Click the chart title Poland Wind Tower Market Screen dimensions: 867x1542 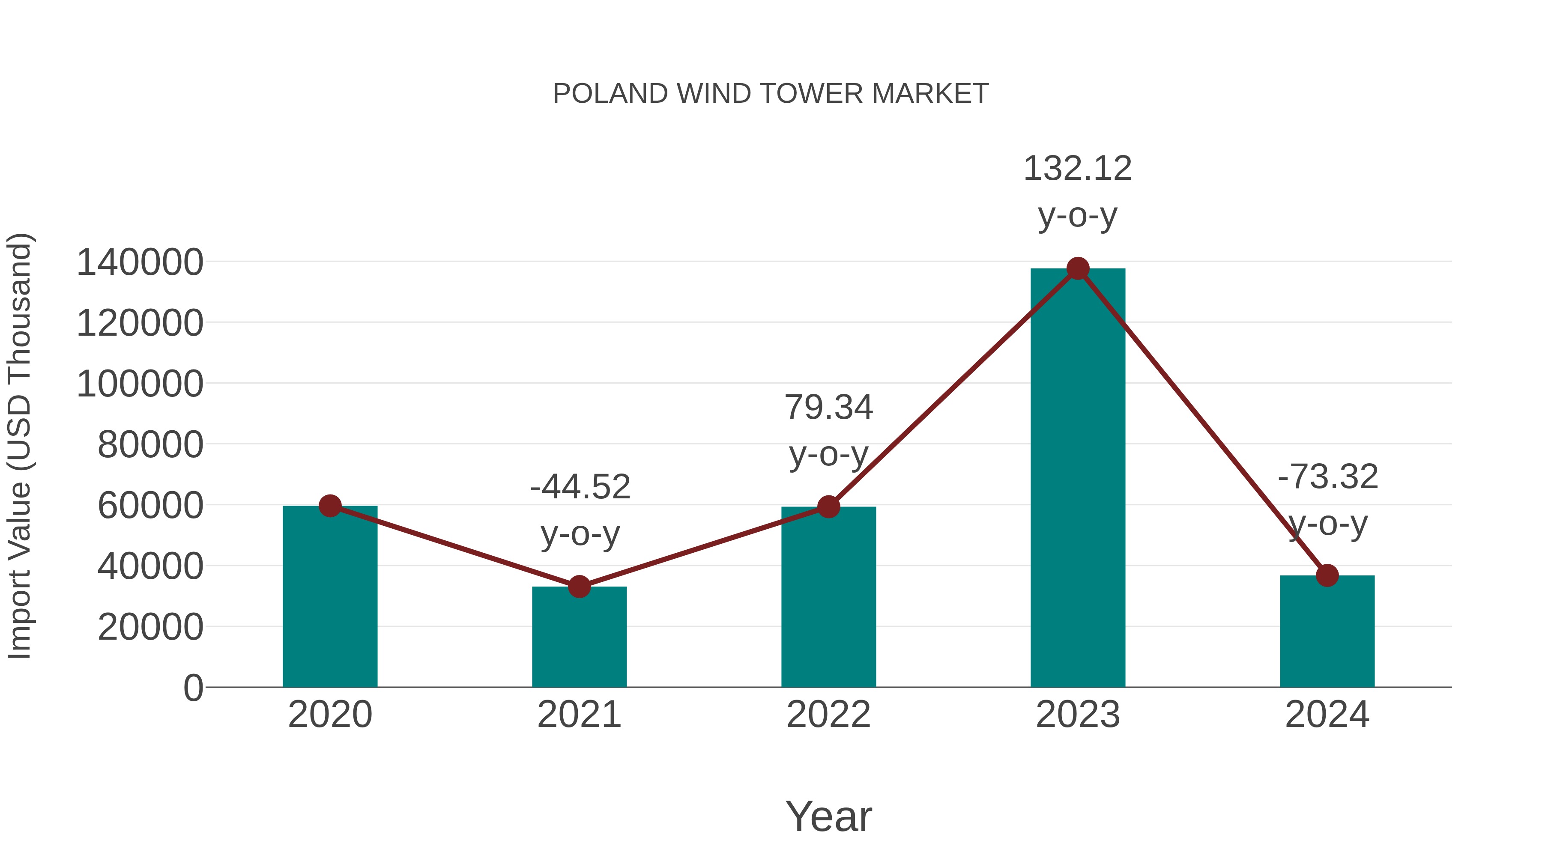coord(771,94)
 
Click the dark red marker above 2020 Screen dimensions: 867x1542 coord(330,506)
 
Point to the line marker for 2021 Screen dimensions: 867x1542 coord(579,587)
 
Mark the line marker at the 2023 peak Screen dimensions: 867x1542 coord(1078,268)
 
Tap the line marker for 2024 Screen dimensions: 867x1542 coord(1327,575)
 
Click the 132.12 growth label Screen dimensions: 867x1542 coord(1078,169)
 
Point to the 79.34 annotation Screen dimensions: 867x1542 coord(828,408)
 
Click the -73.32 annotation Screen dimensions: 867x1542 coord(1328,477)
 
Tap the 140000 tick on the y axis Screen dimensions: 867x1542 coord(140,263)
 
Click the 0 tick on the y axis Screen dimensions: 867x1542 coord(193,688)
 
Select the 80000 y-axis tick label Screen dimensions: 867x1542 coord(150,445)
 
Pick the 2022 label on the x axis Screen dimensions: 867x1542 coord(828,715)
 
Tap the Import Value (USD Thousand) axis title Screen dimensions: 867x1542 coord(20,446)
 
